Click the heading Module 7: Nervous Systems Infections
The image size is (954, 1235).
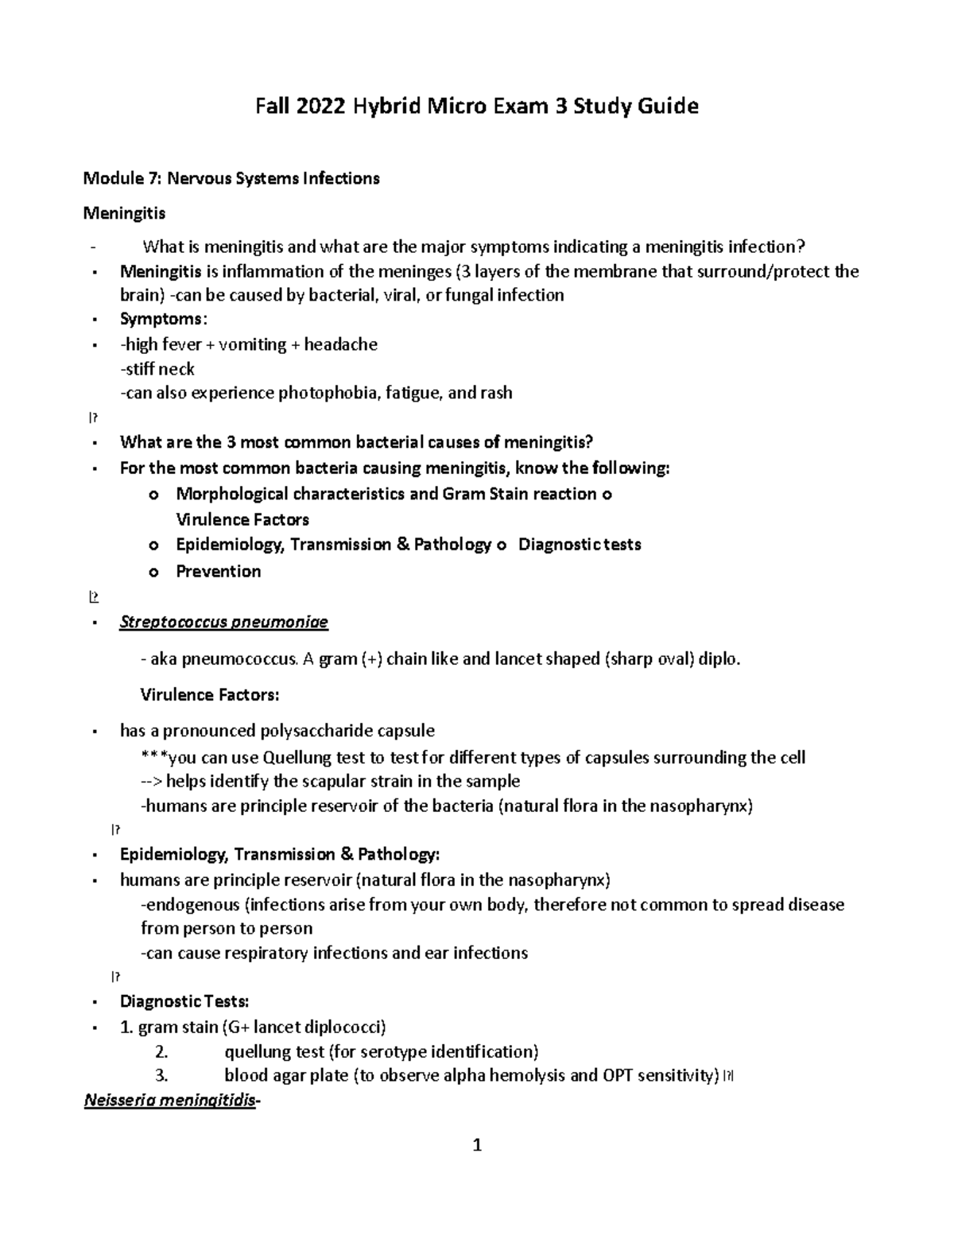point(231,178)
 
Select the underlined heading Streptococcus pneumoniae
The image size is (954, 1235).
point(223,622)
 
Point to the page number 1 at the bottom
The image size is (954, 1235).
point(477,1146)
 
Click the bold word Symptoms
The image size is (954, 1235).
point(161,319)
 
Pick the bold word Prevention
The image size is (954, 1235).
point(218,571)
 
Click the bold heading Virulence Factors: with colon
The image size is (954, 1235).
point(210,694)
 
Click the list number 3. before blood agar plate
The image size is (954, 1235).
point(162,1076)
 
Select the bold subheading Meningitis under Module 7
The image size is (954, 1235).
point(125,213)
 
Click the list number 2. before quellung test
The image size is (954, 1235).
point(162,1052)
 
